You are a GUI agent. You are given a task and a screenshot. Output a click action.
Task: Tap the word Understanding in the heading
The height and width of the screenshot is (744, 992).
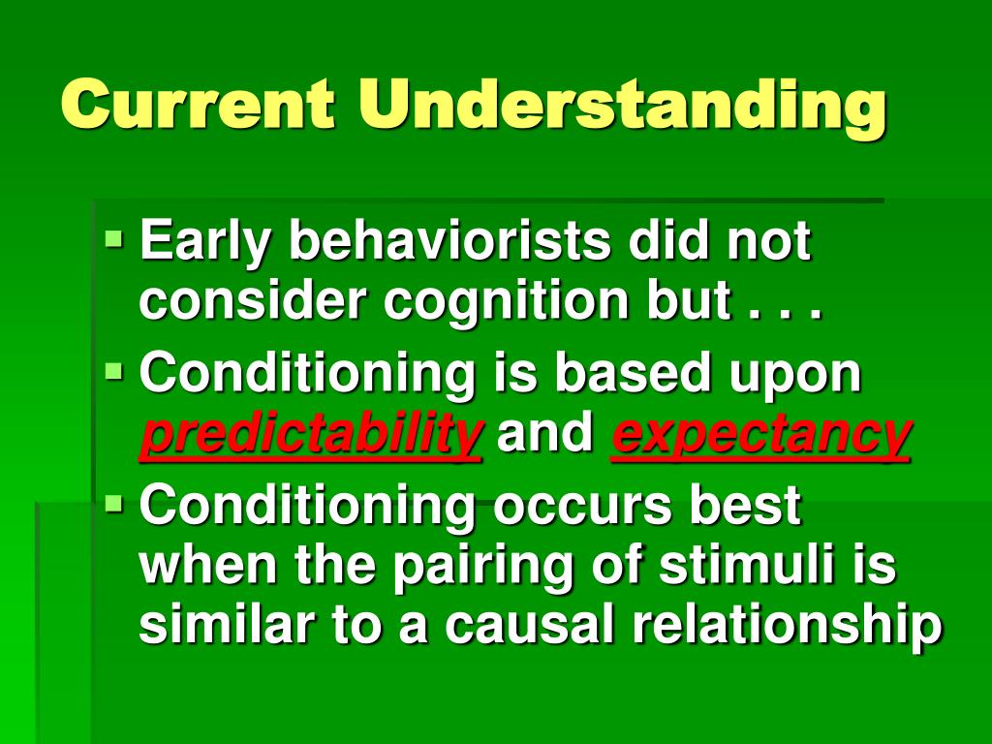(x=621, y=108)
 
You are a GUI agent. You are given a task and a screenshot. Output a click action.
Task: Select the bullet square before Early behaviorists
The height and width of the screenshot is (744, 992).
(x=114, y=239)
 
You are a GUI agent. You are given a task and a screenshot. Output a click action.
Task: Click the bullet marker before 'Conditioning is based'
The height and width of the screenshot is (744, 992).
(x=114, y=370)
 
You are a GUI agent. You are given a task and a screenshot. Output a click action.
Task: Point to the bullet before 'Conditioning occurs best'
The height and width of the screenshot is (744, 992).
(x=114, y=504)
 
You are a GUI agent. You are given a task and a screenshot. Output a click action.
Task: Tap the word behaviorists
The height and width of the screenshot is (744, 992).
(x=450, y=240)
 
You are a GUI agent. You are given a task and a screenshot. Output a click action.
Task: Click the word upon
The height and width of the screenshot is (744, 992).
(x=794, y=377)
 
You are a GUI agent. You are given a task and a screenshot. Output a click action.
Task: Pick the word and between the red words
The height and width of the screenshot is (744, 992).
(x=545, y=431)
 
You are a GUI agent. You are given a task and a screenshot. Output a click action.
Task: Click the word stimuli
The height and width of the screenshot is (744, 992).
(x=746, y=563)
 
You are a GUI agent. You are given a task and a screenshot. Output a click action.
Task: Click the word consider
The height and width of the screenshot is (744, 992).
(x=253, y=300)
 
